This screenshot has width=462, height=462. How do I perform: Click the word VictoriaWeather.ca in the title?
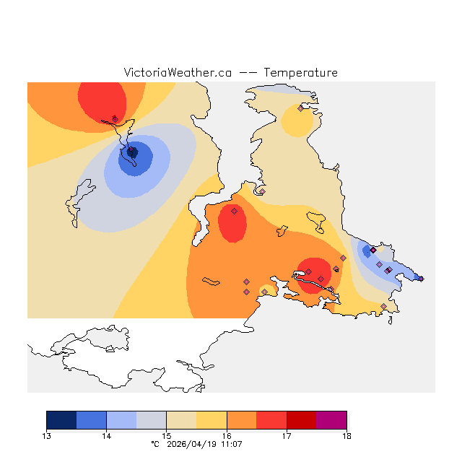pyautogui.click(x=178, y=73)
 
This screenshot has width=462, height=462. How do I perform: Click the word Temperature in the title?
pyautogui.click(x=300, y=73)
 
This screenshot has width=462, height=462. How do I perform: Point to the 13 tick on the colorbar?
pyautogui.click(x=47, y=435)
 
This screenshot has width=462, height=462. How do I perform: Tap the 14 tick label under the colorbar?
pyautogui.click(x=106, y=435)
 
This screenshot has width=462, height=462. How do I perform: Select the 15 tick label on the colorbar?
pyautogui.click(x=166, y=435)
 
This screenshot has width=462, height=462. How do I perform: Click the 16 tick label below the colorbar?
pyautogui.click(x=227, y=435)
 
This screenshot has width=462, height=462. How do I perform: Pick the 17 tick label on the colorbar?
pyautogui.click(x=287, y=435)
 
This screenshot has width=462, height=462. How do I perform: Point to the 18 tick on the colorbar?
pyautogui.click(x=346, y=435)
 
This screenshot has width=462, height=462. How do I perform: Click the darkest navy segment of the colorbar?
pyautogui.click(x=61, y=419)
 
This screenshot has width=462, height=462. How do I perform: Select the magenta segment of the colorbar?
pyautogui.click(x=331, y=419)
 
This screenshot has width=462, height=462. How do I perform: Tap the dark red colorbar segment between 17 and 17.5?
pyautogui.click(x=302, y=419)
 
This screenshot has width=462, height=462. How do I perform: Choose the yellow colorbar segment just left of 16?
pyautogui.click(x=212, y=419)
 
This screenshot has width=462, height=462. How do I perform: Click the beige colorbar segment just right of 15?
pyautogui.click(x=181, y=419)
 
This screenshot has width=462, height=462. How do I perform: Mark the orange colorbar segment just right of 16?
pyautogui.click(x=242, y=419)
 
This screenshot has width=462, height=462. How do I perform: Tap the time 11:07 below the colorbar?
pyautogui.click(x=231, y=445)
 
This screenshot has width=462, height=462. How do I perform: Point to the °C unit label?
pyautogui.click(x=154, y=445)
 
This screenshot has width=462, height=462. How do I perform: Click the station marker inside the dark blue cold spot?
pyautogui.click(x=132, y=152)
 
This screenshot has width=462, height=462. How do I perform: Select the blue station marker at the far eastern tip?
pyautogui.click(x=422, y=279)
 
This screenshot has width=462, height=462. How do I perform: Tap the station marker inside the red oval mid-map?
pyautogui.click(x=234, y=212)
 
